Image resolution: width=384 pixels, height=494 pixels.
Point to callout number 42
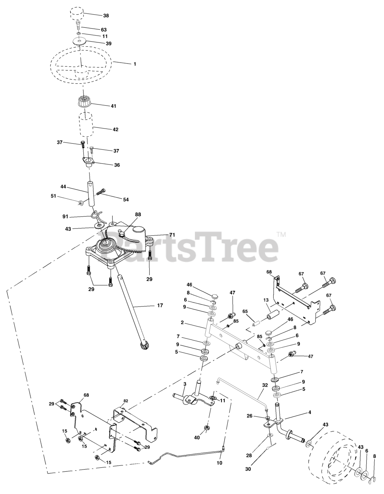115,130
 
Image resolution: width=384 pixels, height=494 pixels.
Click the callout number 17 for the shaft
160,305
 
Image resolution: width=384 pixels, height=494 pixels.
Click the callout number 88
138,214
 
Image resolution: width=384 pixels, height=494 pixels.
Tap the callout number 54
126,200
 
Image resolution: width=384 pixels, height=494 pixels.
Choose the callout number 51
54,196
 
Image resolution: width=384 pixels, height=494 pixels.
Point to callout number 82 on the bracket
125,401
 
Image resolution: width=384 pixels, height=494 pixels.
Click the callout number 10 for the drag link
220,462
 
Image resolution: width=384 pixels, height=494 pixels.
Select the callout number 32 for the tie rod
264,396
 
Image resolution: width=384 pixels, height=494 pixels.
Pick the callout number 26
249,416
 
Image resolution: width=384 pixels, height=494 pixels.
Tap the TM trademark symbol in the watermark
281,234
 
